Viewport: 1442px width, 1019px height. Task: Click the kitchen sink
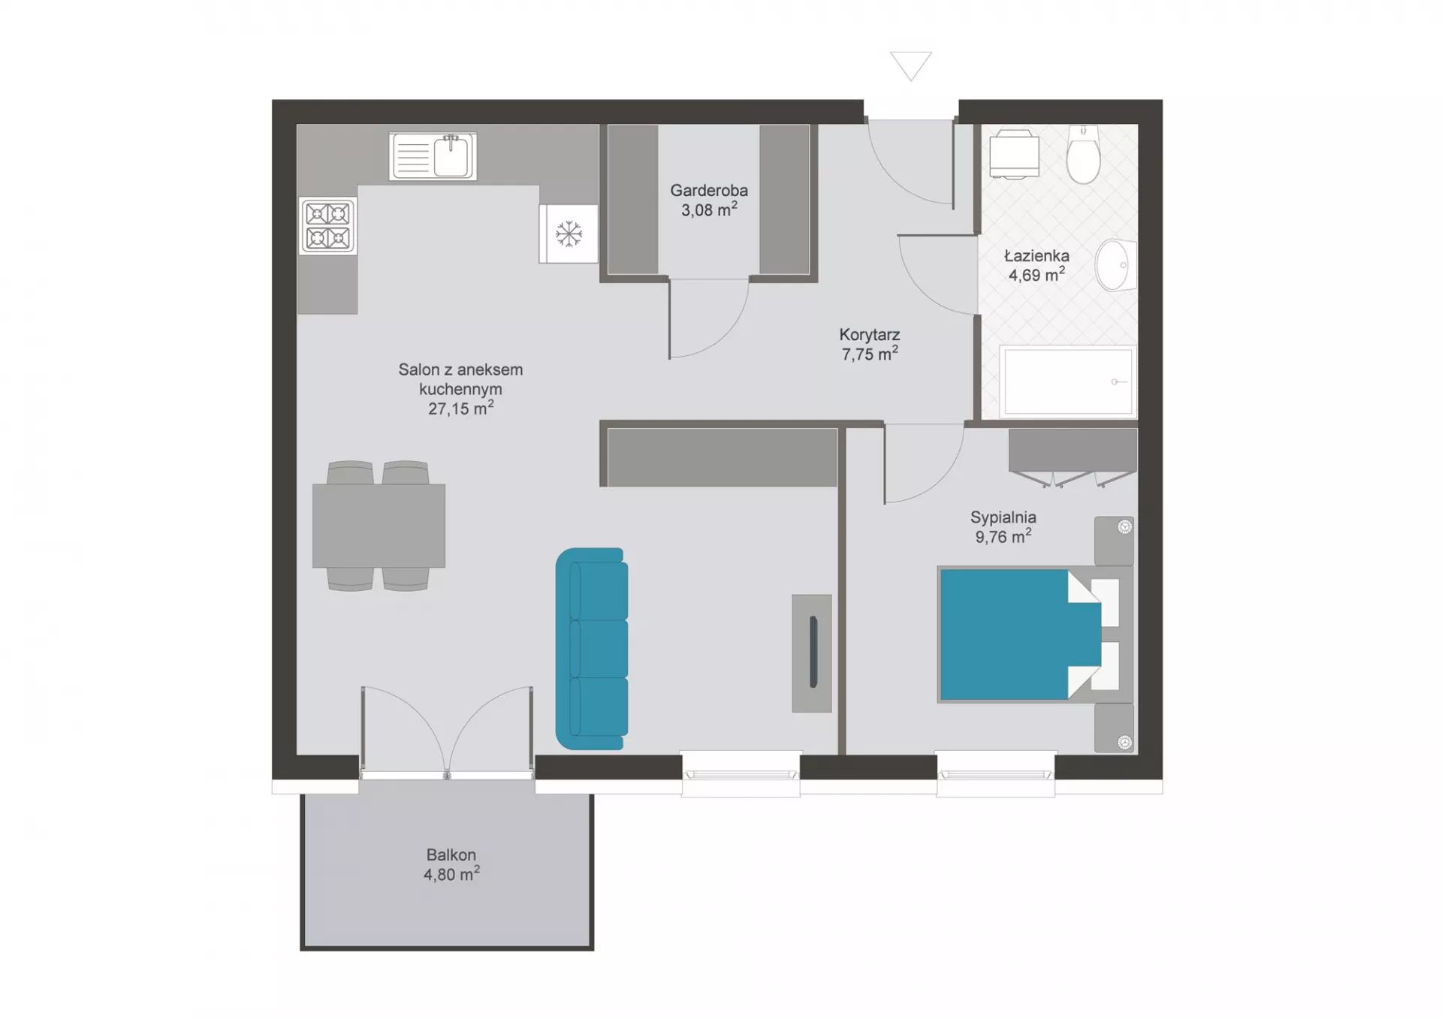433,156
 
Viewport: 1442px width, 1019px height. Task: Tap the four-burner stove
328,226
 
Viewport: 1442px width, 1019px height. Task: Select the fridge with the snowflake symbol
569,234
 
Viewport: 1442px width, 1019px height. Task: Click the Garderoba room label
709,191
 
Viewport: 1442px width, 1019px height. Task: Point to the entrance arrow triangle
911,65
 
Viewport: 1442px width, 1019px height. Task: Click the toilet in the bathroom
1083,154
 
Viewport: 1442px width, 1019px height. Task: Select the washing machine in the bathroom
1014,154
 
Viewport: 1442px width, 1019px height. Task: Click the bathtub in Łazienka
1067,381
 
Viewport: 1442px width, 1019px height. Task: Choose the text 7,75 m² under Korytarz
870,354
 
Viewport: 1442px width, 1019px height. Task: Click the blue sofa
592,649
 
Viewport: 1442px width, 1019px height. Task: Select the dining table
379,526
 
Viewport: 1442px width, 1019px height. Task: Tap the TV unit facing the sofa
812,653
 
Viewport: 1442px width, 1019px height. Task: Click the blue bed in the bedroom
1034,635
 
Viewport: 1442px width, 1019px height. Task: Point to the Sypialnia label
1003,517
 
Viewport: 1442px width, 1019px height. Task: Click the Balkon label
451,855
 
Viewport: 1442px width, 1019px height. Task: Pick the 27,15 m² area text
460,408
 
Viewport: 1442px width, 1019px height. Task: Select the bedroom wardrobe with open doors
1072,457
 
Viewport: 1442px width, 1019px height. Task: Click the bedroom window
996,774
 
